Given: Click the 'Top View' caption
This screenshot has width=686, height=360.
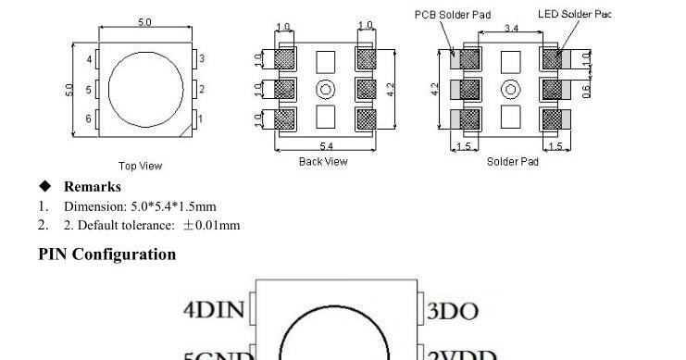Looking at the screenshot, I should click(x=140, y=167).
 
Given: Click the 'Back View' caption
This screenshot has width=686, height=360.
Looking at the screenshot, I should click(x=323, y=162).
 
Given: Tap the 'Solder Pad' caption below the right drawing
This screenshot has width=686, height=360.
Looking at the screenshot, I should click(x=513, y=162).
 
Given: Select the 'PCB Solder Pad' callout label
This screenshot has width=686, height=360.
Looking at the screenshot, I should click(x=453, y=15).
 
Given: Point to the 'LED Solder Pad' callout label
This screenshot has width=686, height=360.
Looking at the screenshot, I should click(x=575, y=15).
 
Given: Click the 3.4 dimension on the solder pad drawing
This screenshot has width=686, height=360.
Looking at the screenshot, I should click(x=511, y=30).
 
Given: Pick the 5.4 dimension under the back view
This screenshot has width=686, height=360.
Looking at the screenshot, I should click(x=326, y=146).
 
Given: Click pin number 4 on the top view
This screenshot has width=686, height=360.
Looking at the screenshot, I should click(x=90, y=60).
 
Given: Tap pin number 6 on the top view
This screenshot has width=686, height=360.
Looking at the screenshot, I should click(x=90, y=118).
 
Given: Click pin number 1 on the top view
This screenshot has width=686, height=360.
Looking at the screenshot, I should click(x=202, y=118).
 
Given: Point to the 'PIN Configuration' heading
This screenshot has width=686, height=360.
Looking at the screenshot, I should click(x=106, y=254).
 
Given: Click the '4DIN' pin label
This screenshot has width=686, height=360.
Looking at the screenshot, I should click(x=214, y=310).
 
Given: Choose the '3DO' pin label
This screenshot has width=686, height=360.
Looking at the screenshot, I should click(x=454, y=311).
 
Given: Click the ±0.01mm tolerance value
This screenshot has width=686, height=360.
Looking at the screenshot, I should click(x=211, y=225).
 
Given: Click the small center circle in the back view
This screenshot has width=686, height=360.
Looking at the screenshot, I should click(x=325, y=89).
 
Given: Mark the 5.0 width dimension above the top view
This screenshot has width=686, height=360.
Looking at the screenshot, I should click(x=145, y=22).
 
